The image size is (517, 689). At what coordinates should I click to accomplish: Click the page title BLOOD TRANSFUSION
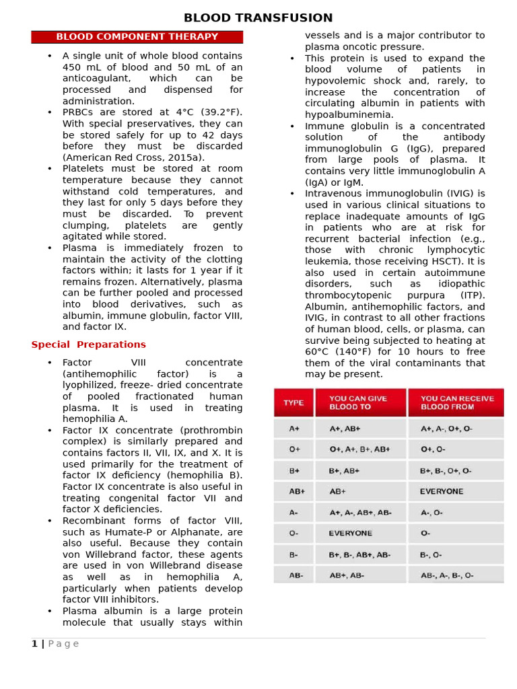click(x=258, y=18)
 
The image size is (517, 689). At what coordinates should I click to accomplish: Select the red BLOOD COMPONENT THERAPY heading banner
click(x=137, y=37)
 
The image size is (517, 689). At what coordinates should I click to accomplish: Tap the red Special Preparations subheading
click(x=88, y=344)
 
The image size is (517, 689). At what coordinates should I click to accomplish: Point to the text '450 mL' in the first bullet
click(x=81, y=67)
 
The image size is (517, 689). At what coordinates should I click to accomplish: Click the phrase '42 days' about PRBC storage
click(x=215, y=135)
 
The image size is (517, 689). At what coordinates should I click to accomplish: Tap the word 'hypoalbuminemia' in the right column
click(x=349, y=115)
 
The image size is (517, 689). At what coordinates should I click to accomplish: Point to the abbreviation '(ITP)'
click(x=469, y=295)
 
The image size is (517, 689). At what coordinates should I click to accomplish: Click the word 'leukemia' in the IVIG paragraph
click(x=328, y=261)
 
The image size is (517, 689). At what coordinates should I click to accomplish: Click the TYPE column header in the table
click(x=294, y=402)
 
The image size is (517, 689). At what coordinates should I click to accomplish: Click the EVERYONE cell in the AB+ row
click(x=442, y=491)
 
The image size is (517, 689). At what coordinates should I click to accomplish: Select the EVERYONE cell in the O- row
click(x=350, y=533)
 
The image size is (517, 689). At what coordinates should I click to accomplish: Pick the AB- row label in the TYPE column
click(x=296, y=575)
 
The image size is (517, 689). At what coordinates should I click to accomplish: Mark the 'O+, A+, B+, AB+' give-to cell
click(x=359, y=449)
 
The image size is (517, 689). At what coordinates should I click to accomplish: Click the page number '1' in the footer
click(x=34, y=644)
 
